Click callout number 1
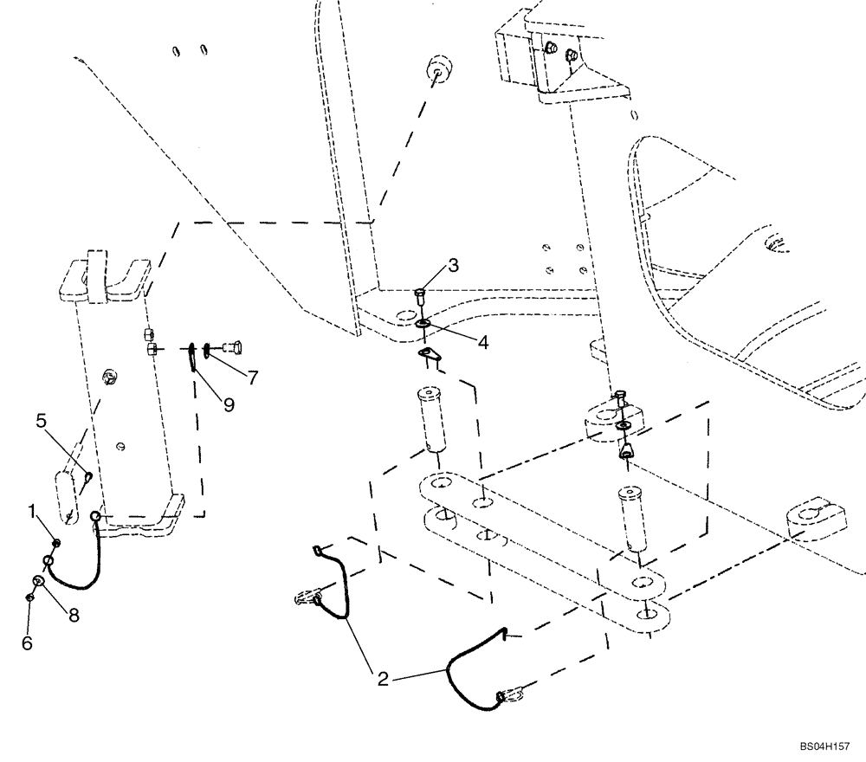coord(32,513)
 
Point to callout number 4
coord(481,342)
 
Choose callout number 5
coord(41,422)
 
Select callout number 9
coord(229,404)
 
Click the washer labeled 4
coord(423,324)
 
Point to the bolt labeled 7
coord(229,349)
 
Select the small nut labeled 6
coord(29,597)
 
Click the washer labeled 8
coord(39,581)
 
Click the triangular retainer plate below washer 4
coord(427,353)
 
